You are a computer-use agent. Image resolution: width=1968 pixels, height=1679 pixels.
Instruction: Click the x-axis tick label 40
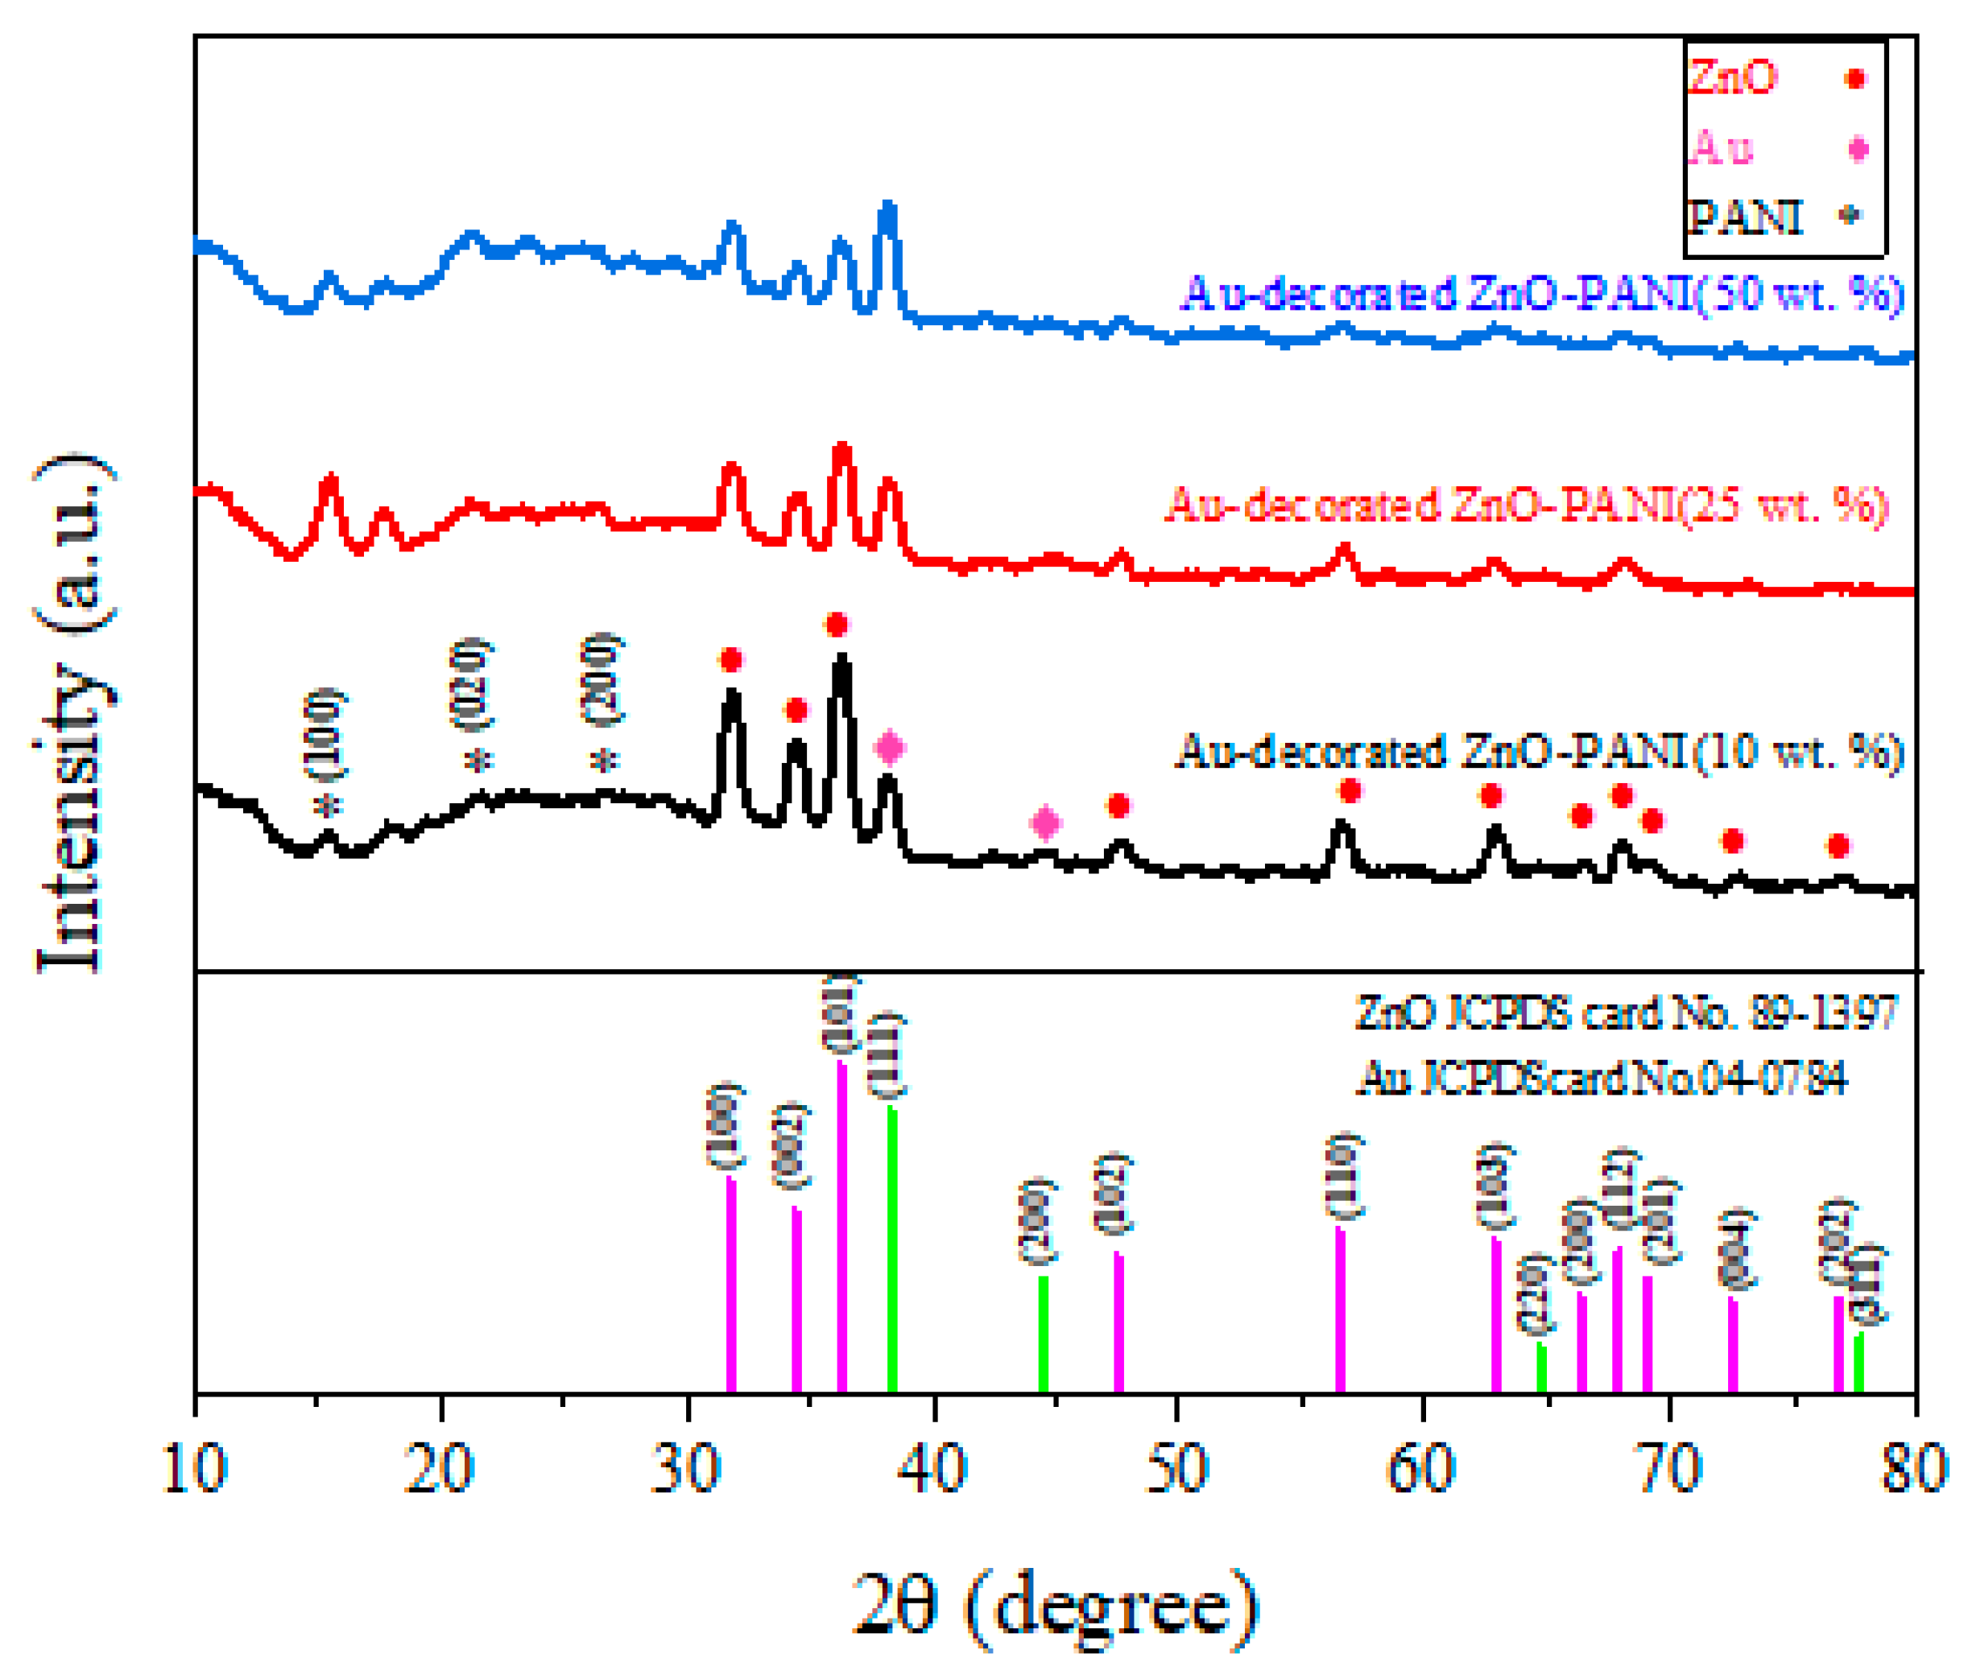click(933, 1468)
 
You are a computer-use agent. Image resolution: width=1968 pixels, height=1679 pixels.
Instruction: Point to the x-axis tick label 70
click(1670, 1468)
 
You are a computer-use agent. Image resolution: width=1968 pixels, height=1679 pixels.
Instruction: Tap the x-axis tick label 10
click(195, 1468)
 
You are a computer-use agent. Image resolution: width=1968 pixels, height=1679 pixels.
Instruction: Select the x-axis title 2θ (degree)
click(1054, 1606)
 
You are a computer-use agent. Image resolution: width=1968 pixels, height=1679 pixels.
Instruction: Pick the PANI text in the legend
click(1744, 217)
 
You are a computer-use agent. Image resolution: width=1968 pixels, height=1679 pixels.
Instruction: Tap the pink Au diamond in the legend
click(1858, 149)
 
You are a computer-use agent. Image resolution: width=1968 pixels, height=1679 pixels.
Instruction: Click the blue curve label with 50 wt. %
click(1544, 295)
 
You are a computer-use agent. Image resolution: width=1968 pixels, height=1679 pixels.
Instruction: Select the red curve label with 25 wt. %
click(1528, 505)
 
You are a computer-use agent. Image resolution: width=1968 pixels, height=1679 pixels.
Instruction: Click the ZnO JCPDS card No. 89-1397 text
click(1626, 1013)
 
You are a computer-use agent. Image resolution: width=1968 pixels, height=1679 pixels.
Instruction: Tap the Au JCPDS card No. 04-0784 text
click(1602, 1079)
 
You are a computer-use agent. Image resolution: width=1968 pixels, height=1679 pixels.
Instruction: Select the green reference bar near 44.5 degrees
click(1043, 1335)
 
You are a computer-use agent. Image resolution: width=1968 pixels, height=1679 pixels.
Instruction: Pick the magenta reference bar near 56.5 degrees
click(1340, 1310)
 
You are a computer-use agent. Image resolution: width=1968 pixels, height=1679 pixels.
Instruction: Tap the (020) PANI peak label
click(470, 686)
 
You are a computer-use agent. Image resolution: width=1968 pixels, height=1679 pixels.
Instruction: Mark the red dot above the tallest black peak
click(836, 625)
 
